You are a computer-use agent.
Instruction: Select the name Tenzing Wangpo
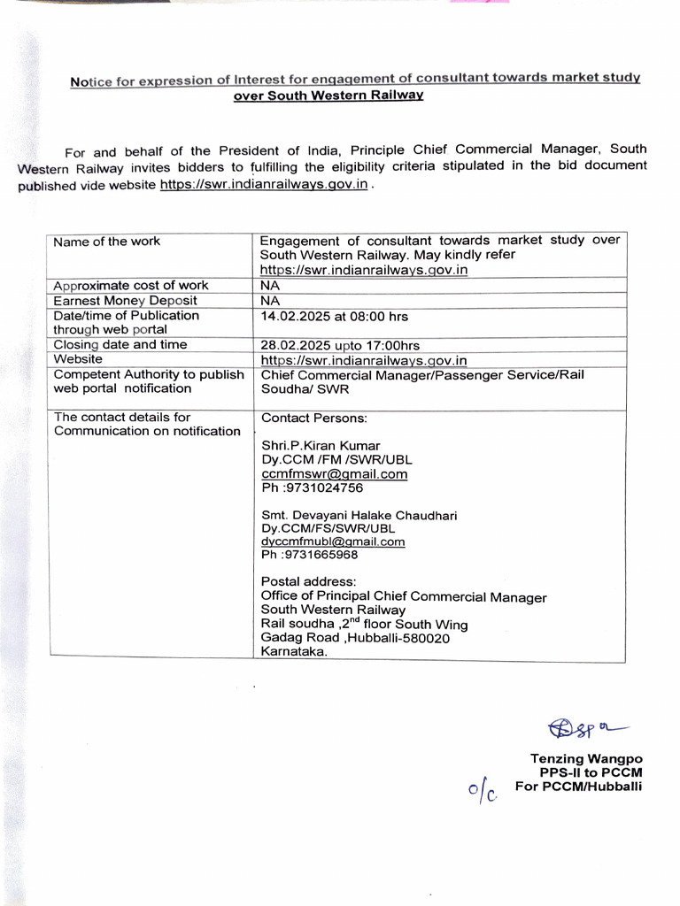(586, 758)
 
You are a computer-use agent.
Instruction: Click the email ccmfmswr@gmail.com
(334, 473)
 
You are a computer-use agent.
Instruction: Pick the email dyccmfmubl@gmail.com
(333, 541)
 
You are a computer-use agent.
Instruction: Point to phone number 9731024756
(312, 488)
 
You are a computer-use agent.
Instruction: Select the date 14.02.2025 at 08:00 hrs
(334, 316)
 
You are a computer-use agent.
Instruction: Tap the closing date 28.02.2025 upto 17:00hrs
(340, 345)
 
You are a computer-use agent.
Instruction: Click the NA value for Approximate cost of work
(269, 286)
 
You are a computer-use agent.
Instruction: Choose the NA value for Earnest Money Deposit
(269, 301)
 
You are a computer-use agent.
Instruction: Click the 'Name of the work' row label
(107, 241)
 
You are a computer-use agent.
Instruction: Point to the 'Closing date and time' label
(120, 344)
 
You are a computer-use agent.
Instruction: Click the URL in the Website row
(364, 360)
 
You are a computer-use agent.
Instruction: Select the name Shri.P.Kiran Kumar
(321, 445)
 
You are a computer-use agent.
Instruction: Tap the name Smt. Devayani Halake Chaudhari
(359, 515)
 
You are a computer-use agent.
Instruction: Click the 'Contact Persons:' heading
(313, 418)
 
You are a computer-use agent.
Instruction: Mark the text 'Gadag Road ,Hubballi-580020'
(355, 638)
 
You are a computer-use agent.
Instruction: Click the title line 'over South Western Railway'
(328, 96)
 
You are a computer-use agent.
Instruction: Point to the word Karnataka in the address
(294, 652)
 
